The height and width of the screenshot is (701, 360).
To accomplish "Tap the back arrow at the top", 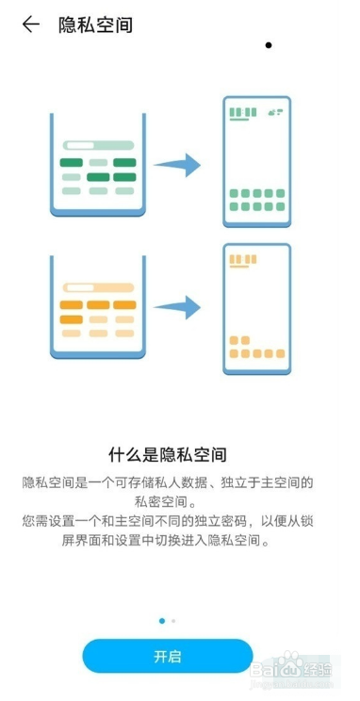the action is click(x=31, y=25).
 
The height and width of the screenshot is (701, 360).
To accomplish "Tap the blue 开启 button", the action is click(x=168, y=656).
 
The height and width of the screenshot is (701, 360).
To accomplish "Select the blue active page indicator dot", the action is click(x=162, y=621).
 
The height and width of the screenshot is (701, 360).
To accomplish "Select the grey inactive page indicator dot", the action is click(x=173, y=621).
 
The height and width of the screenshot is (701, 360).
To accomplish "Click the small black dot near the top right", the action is click(x=269, y=45).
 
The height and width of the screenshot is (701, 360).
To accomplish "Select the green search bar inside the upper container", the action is click(x=98, y=146).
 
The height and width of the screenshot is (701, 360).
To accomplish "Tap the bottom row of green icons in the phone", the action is click(x=256, y=201).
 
